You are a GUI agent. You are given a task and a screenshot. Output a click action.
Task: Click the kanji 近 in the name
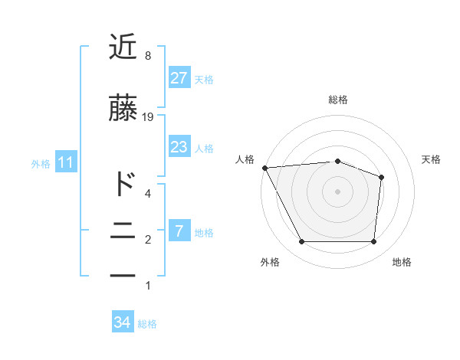(123, 47)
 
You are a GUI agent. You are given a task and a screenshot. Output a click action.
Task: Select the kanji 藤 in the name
(123, 109)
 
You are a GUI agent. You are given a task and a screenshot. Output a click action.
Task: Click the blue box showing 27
(179, 78)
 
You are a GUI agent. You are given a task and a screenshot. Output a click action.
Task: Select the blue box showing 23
(179, 147)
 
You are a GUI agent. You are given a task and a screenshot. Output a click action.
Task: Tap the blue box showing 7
(179, 231)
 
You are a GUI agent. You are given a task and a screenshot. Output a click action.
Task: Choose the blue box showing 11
(65, 162)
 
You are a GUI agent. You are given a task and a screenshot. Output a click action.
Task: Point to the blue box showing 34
(123, 322)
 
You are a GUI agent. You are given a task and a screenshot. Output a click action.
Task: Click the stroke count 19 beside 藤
(148, 117)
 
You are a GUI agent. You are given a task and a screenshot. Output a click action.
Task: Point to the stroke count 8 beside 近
(147, 56)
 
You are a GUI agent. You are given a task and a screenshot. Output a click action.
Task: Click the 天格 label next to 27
(204, 79)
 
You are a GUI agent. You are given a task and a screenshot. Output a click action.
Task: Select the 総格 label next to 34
(147, 324)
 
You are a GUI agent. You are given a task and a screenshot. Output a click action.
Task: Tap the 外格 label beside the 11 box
(40, 163)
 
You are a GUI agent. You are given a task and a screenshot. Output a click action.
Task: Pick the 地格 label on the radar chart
(402, 262)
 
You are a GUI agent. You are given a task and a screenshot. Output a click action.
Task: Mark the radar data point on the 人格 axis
(264, 168)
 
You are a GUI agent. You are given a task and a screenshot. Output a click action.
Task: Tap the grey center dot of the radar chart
(337, 191)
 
